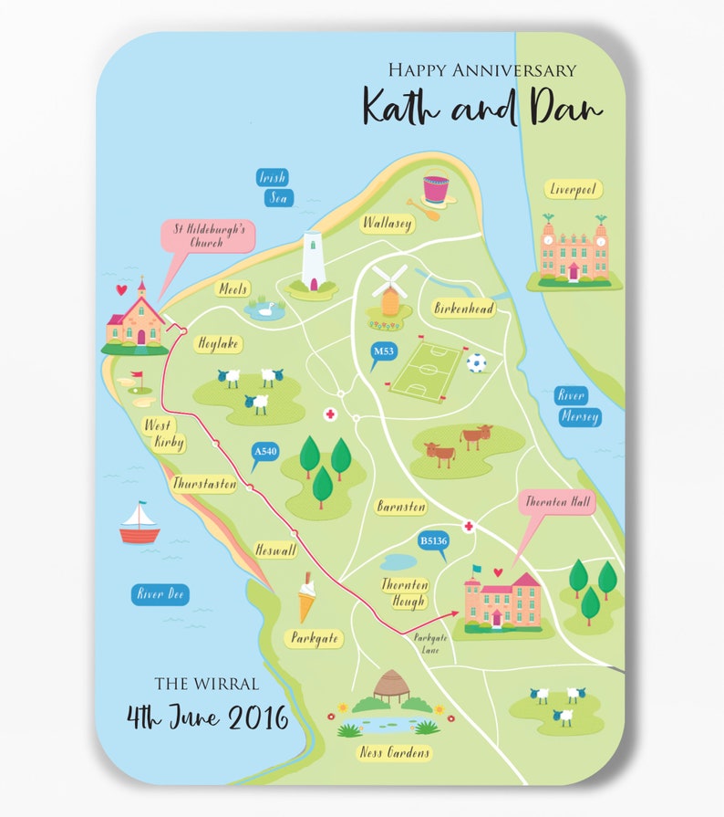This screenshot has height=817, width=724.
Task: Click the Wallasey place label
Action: (x=388, y=223)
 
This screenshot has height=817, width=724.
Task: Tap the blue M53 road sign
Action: (x=385, y=351)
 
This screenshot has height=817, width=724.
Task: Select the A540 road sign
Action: (x=265, y=451)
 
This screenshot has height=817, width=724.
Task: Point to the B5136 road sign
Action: (x=434, y=541)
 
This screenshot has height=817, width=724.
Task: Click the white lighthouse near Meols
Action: (x=313, y=262)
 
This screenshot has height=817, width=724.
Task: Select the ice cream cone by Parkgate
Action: (x=308, y=597)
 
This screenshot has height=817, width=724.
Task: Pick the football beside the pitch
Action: (x=476, y=363)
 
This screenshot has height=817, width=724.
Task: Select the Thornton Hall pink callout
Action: (x=558, y=503)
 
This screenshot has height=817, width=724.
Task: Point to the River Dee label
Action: (x=160, y=595)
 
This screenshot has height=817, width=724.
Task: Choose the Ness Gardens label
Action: (x=394, y=753)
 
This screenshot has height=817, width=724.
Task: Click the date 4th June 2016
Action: (x=207, y=717)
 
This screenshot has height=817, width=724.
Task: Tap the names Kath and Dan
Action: (x=481, y=107)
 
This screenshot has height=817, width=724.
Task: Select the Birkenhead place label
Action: (x=464, y=309)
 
